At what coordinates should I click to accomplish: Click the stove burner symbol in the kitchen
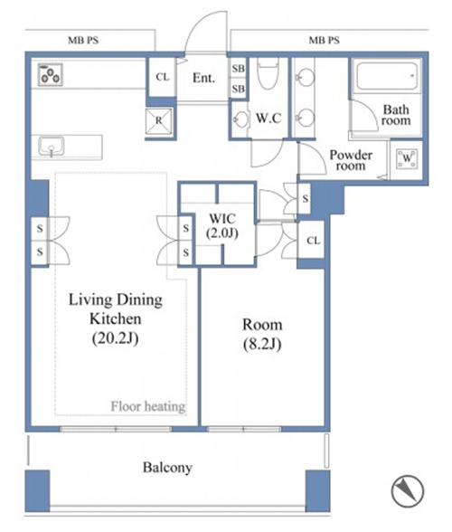(x=51, y=74)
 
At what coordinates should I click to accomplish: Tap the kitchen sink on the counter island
(x=52, y=147)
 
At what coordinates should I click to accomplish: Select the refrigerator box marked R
(x=159, y=120)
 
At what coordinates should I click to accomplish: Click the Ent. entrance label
(x=203, y=78)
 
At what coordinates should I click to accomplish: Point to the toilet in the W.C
(x=268, y=73)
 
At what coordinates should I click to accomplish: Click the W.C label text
(x=268, y=118)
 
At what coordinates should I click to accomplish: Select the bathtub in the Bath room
(x=387, y=76)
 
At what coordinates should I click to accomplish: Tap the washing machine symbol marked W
(x=407, y=158)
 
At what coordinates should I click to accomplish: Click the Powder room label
(x=351, y=160)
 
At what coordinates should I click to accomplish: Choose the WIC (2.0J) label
(x=222, y=225)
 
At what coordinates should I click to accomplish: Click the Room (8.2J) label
(x=262, y=334)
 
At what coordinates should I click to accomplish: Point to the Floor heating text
(x=148, y=406)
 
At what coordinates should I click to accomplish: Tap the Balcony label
(x=167, y=468)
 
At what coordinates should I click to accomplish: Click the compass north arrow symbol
(x=408, y=490)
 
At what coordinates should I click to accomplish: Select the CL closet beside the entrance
(x=163, y=77)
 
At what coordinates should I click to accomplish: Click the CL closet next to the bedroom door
(x=313, y=241)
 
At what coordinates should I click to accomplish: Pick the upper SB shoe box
(x=239, y=68)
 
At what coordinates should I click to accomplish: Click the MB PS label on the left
(x=83, y=41)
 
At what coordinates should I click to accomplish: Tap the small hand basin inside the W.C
(x=240, y=119)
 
